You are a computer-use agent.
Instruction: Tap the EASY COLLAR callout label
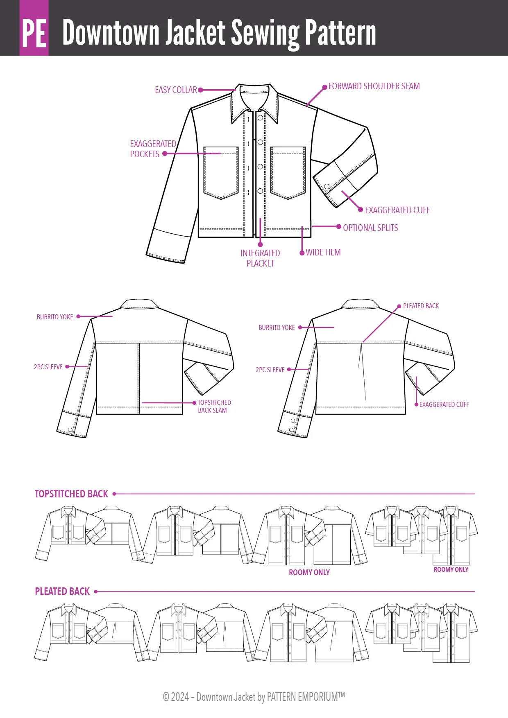176,90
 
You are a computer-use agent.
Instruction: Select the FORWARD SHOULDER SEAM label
374,86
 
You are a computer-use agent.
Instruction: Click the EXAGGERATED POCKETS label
152,149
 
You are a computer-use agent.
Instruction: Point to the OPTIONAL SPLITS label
370,228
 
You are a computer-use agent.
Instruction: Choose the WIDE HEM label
323,253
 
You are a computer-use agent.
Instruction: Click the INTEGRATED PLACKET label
260,258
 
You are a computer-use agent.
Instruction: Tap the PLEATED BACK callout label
421,306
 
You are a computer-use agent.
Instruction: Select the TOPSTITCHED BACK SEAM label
214,406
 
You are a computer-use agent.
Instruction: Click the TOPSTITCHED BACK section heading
71,494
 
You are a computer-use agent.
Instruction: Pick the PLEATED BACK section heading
62,592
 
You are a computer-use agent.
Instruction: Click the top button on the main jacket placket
260,118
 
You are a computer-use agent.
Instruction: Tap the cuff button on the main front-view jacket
327,187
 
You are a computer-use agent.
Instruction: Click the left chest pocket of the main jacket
221,173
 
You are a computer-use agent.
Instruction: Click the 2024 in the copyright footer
180,697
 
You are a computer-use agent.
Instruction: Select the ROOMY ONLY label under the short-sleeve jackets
451,570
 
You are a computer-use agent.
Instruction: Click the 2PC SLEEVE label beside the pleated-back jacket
270,370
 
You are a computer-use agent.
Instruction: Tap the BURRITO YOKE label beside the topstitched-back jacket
55,317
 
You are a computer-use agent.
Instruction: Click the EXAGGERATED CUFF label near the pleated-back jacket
444,405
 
